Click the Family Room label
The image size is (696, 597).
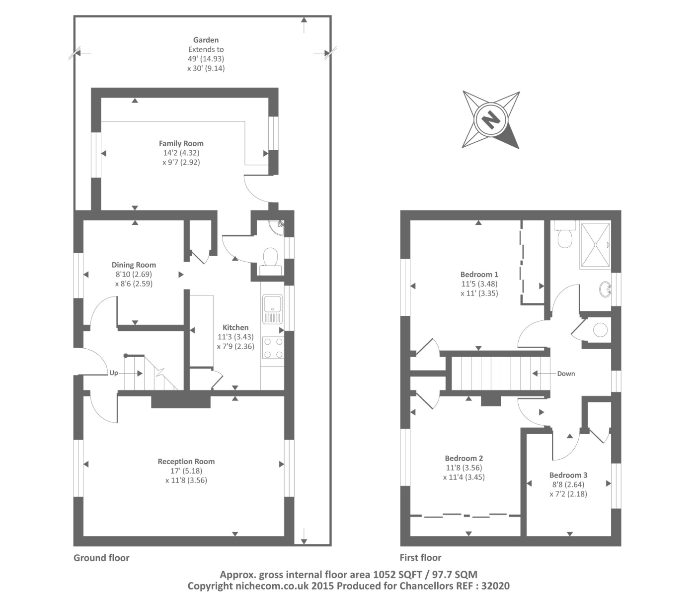181,143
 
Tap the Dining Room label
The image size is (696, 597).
134,265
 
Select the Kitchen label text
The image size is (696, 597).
235,327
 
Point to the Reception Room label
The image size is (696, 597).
186,461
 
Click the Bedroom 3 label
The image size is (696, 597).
568,475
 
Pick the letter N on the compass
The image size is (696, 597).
490,120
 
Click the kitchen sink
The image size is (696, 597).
273,308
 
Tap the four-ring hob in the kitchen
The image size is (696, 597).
273,348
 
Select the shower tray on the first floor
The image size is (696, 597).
595,245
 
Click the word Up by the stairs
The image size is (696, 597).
113,373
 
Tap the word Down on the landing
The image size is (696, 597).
566,374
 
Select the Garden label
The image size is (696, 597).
206,40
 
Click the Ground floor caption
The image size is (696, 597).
101,558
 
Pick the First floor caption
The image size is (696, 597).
420,557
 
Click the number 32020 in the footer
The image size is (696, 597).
495,586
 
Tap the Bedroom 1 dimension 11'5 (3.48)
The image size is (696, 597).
479,284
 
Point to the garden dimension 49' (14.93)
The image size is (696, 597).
206,59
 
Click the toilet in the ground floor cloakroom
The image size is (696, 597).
270,261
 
